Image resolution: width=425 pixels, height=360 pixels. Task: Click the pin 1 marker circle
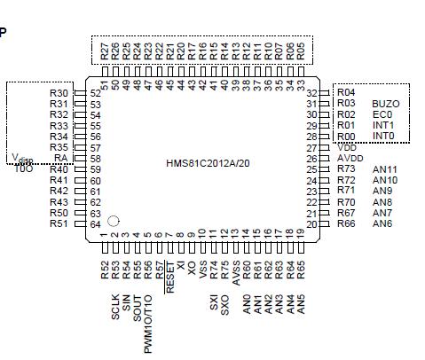tap(114, 221)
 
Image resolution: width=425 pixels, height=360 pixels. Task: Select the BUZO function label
tap(385, 104)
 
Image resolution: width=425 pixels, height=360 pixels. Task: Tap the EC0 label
tap(382, 114)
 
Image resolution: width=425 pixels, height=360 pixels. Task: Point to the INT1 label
tap(383, 125)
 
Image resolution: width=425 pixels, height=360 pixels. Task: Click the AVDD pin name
tap(350, 158)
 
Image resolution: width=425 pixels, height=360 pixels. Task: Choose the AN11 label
tap(385, 168)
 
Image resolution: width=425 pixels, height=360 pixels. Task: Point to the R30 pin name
tap(59, 93)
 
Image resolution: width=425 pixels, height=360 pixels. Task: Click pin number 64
tap(94, 223)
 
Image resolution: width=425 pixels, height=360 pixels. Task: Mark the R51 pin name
tap(59, 223)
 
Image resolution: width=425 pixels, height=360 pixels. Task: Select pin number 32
tap(312, 93)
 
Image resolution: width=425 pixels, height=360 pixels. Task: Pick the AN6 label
tap(382, 223)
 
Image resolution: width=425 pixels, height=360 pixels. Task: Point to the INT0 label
tap(383, 136)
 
